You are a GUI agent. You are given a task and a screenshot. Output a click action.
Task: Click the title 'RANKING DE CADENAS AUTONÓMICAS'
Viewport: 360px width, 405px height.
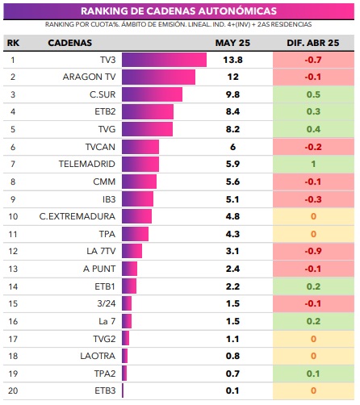point(178,11)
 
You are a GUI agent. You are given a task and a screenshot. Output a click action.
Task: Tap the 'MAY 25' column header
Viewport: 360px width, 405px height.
point(232,43)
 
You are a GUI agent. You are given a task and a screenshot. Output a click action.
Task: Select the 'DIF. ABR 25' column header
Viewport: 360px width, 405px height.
point(313,43)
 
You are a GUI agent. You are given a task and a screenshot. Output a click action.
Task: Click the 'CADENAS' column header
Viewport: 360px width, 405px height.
point(70,43)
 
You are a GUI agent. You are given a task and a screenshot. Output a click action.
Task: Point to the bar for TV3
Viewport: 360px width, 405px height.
point(164,60)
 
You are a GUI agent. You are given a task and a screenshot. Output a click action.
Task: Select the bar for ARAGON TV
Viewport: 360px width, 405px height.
point(158,77)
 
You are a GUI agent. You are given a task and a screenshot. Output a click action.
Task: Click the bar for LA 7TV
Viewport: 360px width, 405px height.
point(132,251)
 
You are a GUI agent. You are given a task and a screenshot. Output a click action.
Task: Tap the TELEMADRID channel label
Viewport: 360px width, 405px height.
point(87,164)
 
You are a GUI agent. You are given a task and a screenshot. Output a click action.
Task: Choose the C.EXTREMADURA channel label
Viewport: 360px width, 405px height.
point(77,216)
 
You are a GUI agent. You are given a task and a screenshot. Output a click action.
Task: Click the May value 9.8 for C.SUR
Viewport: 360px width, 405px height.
point(232,94)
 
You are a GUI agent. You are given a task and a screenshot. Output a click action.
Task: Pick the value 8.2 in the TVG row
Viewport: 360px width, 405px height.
point(232,129)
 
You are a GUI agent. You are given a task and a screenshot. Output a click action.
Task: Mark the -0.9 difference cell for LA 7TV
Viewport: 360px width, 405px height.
point(313,251)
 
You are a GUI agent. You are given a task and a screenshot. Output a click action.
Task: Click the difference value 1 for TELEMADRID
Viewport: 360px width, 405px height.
point(313,164)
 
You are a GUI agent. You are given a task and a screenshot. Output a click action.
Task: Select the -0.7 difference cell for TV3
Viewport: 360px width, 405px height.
point(313,60)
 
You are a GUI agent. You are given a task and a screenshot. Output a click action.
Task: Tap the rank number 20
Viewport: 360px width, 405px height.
point(13,390)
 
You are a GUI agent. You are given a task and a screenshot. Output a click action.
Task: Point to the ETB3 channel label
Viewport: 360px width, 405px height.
point(105,390)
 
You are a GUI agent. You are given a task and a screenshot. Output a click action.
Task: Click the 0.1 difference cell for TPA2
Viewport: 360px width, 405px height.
point(313,374)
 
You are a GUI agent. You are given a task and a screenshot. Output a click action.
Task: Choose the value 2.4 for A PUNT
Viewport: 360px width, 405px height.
point(232,269)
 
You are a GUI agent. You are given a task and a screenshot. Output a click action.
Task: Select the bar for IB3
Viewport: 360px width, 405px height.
point(137,199)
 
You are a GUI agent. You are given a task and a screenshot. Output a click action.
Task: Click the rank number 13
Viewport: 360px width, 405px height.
point(13,269)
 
